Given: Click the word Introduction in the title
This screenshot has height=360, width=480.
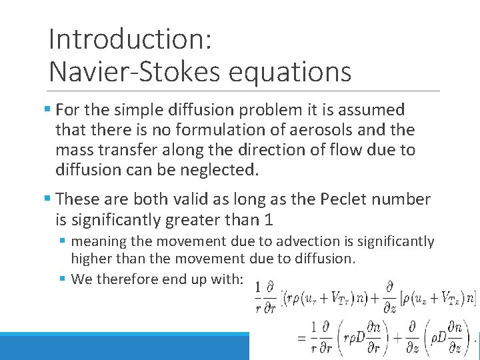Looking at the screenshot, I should pos(129,39).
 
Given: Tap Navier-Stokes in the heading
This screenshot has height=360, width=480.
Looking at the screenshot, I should pos(130,71).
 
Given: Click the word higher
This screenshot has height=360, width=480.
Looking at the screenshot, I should pos(91,259).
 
